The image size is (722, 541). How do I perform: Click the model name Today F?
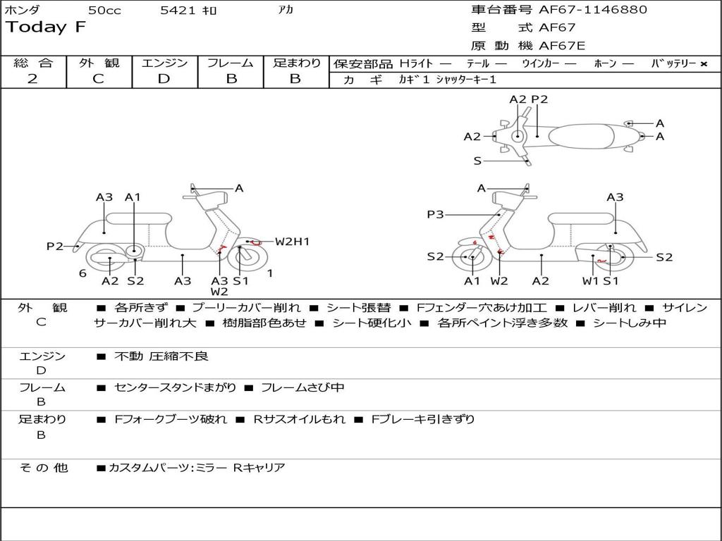[46, 28]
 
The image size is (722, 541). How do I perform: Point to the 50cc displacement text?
[104, 11]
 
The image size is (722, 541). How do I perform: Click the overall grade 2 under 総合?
[32, 79]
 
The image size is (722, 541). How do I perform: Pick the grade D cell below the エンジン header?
[164, 79]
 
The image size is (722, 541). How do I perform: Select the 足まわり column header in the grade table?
[296, 63]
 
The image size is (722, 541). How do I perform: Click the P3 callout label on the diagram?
[435, 214]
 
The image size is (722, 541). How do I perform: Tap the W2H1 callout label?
[292, 242]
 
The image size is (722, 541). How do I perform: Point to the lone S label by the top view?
[477, 161]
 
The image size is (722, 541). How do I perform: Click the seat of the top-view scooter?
[585, 135]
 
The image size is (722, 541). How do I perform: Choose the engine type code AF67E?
[562, 46]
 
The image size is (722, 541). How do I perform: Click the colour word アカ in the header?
[286, 11]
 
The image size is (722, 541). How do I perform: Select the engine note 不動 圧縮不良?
[161, 356]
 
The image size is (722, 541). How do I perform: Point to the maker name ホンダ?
[23, 11]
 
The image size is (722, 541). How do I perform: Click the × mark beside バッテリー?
[703, 64]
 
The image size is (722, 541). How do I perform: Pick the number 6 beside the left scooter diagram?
[82, 273]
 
